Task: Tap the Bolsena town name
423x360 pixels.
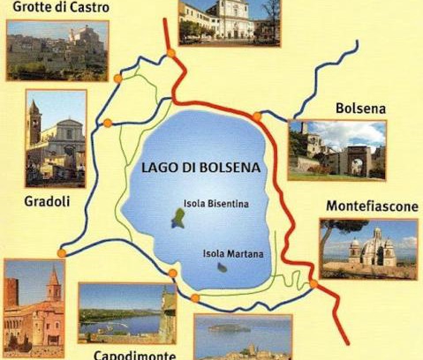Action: pyautogui.click(x=360, y=109)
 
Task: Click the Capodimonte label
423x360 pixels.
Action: pyautogui.click(x=132, y=353)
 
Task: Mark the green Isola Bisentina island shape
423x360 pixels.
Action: pyautogui.click(x=179, y=218)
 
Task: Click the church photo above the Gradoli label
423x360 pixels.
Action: pyautogui.click(x=56, y=136)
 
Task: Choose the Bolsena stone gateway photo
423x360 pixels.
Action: pyautogui.click(x=336, y=150)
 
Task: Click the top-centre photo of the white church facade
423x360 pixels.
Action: pyautogui.click(x=229, y=21)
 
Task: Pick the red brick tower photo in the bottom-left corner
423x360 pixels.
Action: pyautogui.click(x=34, y=304)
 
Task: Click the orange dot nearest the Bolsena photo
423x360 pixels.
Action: pyautogui.click(x=257, y=116)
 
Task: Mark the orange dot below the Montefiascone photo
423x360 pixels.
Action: pyautogui.click(x=313, y=283)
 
